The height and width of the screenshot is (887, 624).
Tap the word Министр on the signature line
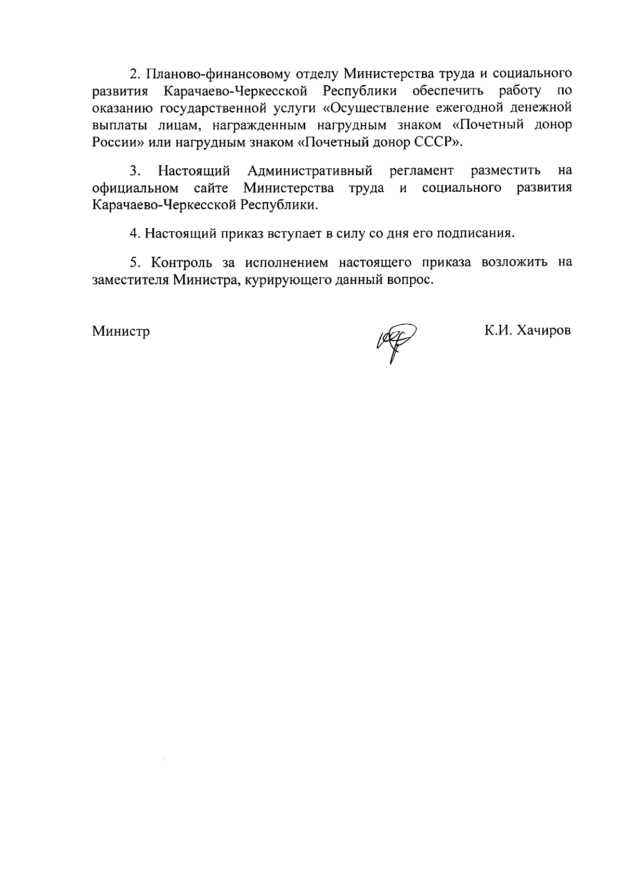121,331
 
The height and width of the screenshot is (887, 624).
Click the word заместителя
131,280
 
